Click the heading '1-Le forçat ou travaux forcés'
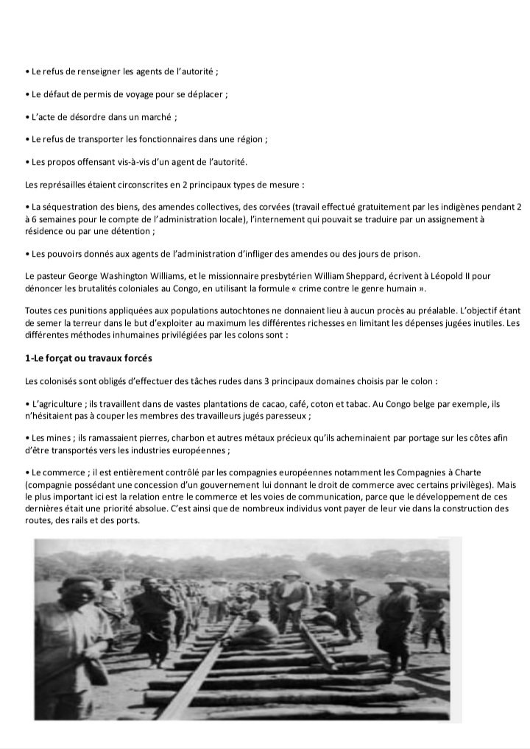click(88, 358)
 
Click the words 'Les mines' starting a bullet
click(50, 438)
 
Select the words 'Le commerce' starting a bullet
click(56, 471)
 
